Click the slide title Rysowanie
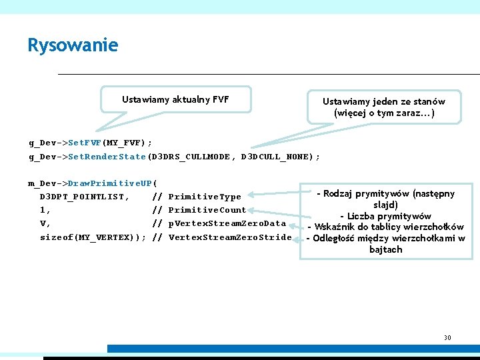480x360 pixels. pyautogui.click(x=73, y=45)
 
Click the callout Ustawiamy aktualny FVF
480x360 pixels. pyautogui.click(x=175, y=99)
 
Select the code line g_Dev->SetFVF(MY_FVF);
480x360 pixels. pyautogui.click(x=90, y=143)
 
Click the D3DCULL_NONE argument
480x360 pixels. pyautogui.click(x=276, y=157)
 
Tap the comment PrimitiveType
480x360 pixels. pyautogui.click(x=205, y=197)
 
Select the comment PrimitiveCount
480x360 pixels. pyautogui.click(x=207, y=210)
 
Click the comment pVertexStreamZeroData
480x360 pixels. pyautogui.click(x=227, y=223)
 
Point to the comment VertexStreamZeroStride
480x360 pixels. pyautogui.click(x=230, y=237)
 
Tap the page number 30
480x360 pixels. pyautogui.click(x=447, y=337)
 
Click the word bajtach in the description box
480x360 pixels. pyautogui.click(x=386, y=249)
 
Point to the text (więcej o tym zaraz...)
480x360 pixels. pyautogui.click(x=383, y=113)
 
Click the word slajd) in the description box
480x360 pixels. pyautogui.click(x=386, y=205)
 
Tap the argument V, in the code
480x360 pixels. pyautogui.click(x=45, y=223)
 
